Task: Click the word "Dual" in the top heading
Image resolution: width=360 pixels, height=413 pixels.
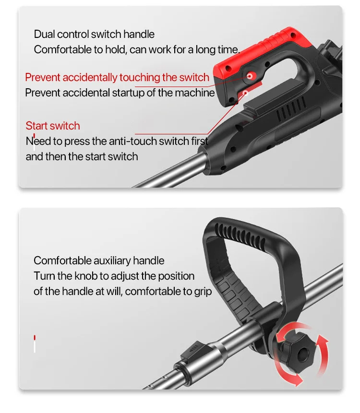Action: pyautogui.click(x=44, y=34)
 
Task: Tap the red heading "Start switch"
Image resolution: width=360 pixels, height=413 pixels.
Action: pyautogui.click(x=53, y=126)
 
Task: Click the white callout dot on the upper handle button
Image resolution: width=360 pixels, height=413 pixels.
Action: pyautogui.click(x=250, y=76)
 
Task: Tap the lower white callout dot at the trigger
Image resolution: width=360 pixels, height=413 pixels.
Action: pyautogui.click(x=245, y=93)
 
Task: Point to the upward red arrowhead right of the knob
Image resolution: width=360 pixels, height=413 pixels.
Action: pyautogui.click(x=322, y=340)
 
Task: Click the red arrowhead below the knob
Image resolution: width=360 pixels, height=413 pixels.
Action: pyautogui.click(x=297, y=380)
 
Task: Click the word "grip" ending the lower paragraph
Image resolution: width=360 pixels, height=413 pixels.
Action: pyautogui.click(x=203, y=292)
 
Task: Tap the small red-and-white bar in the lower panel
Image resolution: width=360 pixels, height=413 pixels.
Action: pyautogui.click(x=35, y=344)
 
